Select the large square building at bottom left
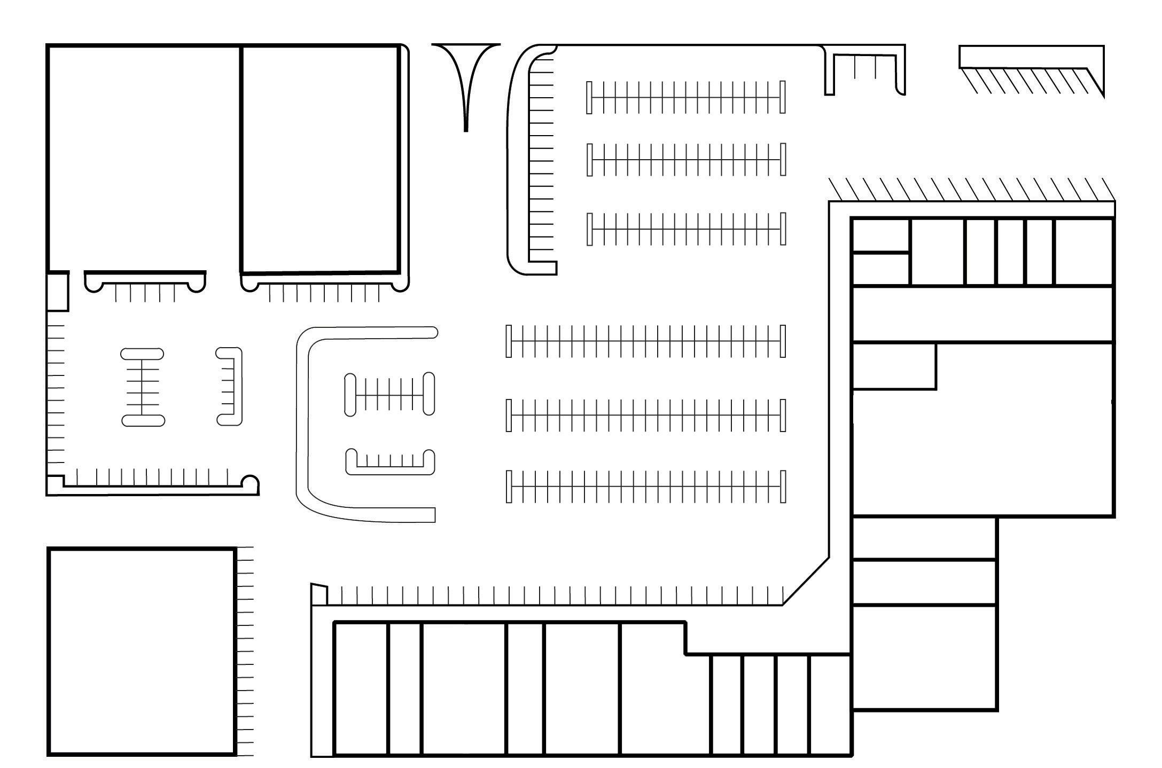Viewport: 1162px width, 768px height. tap(142, 651)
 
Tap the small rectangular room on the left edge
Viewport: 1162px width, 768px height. tap(57, 292)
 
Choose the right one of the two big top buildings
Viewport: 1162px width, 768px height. tap(319, 159)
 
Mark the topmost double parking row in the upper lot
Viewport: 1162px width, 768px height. tap(686, 97)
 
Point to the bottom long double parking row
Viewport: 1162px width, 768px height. tap(645, 487)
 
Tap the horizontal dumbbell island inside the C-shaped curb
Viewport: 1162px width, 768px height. tap(389, 394)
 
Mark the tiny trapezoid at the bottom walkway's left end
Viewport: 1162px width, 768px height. tap(319, 594)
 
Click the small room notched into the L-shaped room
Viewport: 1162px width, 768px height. tap(894, 366)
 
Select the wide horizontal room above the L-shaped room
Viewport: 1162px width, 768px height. tap(982, 314)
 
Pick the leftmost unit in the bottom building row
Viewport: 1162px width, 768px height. tap(361, 688)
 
